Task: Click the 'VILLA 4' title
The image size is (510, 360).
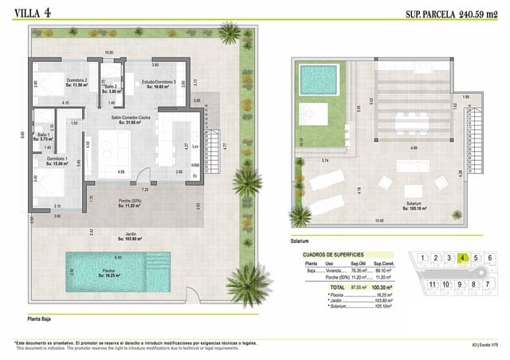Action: click(x=31, y=12)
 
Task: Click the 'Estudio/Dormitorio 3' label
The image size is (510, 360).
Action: click(x=159, y=84)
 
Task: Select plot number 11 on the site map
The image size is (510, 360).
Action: click(x=432, y=284)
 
